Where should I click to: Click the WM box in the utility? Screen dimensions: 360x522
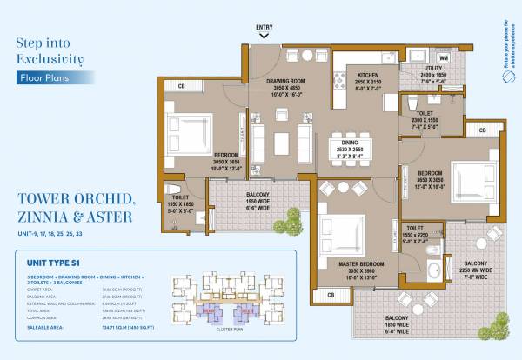tap(443, 58)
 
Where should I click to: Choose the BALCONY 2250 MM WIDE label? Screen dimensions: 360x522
tap(475, 267)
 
